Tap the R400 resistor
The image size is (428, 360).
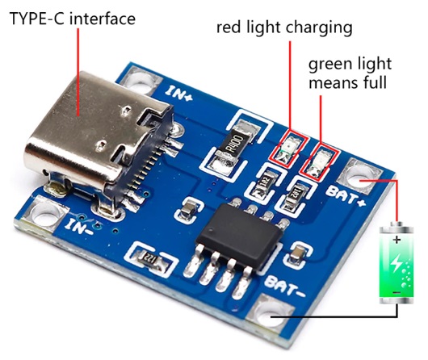(x=235, y=145)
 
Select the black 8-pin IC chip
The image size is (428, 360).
(x=240, y=237)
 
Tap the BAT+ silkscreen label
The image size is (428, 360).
(x=346, y=195)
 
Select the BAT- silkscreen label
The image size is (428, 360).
(x=284, y=286)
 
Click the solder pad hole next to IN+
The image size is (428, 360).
(x=140, y=82)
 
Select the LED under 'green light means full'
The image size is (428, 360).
(x=319, y=161)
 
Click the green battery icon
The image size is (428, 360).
(x=397, y=262)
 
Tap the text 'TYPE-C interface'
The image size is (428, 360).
(x=73, y=19)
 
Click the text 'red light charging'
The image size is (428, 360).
(x=284, y=28)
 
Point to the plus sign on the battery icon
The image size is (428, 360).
(x=397, y=240)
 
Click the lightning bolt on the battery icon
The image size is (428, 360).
(x=396, y=263)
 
